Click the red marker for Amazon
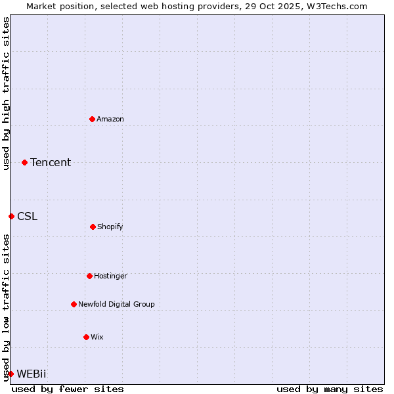pos(92,119)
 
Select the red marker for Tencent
pos(24,162)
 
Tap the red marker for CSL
pos(11,216)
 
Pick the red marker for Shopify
pos(93,227)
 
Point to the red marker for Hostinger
pos(89,276)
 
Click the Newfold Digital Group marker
pos(74,304)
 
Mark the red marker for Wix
pos(86,337)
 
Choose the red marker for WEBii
pos(11,374)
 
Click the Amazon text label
pos(110,119)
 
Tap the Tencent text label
pos(51,162)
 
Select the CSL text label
pos(28,216)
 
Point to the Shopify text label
pos(110,227)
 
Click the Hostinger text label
pos(110,276)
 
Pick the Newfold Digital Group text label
pos(116,304)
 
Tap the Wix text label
pos(97,337)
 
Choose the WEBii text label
pos(32,374)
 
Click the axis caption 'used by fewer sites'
pos(68,389)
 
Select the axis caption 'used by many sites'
pos(330,389)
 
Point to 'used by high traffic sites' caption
pos(6,93)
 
